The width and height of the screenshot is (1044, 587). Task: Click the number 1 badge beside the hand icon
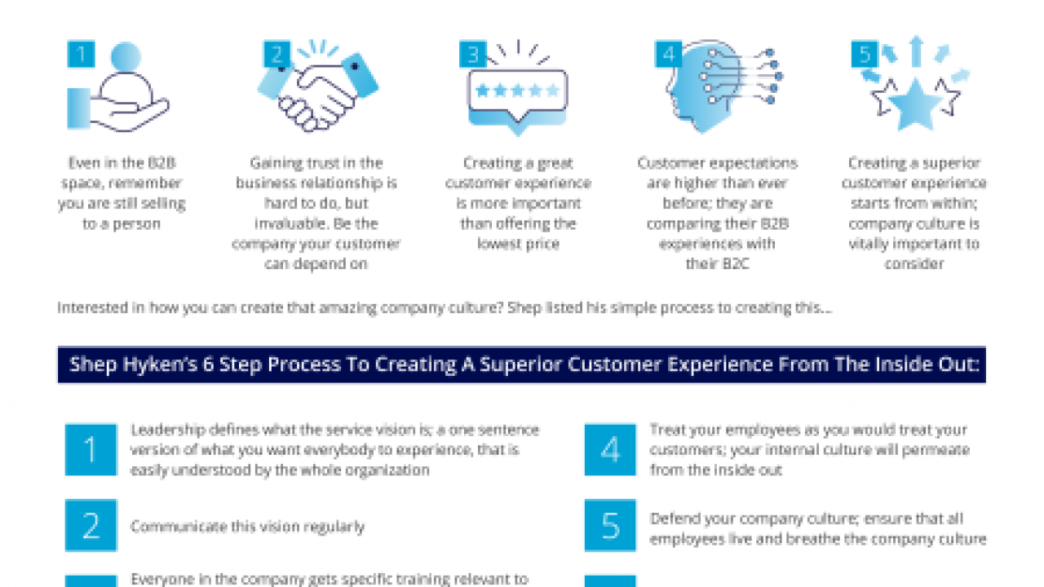(81, 55)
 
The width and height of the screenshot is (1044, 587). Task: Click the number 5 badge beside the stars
(864, 55)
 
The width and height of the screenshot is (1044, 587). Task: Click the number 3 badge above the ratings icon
(472, 55)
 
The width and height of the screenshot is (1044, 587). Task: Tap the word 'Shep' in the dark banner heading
(91, 364)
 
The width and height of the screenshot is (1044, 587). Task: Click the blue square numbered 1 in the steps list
(91, 450)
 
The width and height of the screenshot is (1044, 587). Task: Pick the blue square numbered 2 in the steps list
(91, 526)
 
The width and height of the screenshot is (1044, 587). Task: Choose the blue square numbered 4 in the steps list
(610, 450)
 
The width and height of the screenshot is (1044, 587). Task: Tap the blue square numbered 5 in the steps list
(610, 526)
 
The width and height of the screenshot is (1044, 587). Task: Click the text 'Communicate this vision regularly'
(247, 527)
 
